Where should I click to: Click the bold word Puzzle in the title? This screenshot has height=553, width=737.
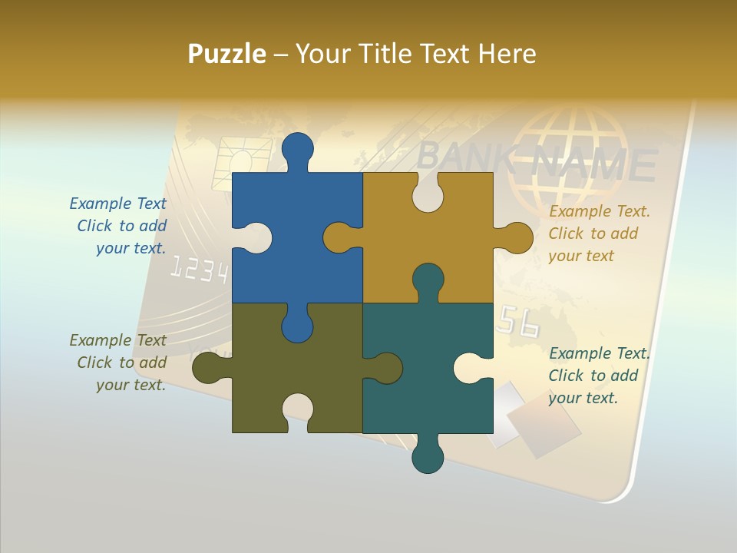(x=227, y=54)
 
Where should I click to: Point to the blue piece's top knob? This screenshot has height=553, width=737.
(x=298, y=151)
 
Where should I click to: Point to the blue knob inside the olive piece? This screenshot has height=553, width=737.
(x=297, y=323)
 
